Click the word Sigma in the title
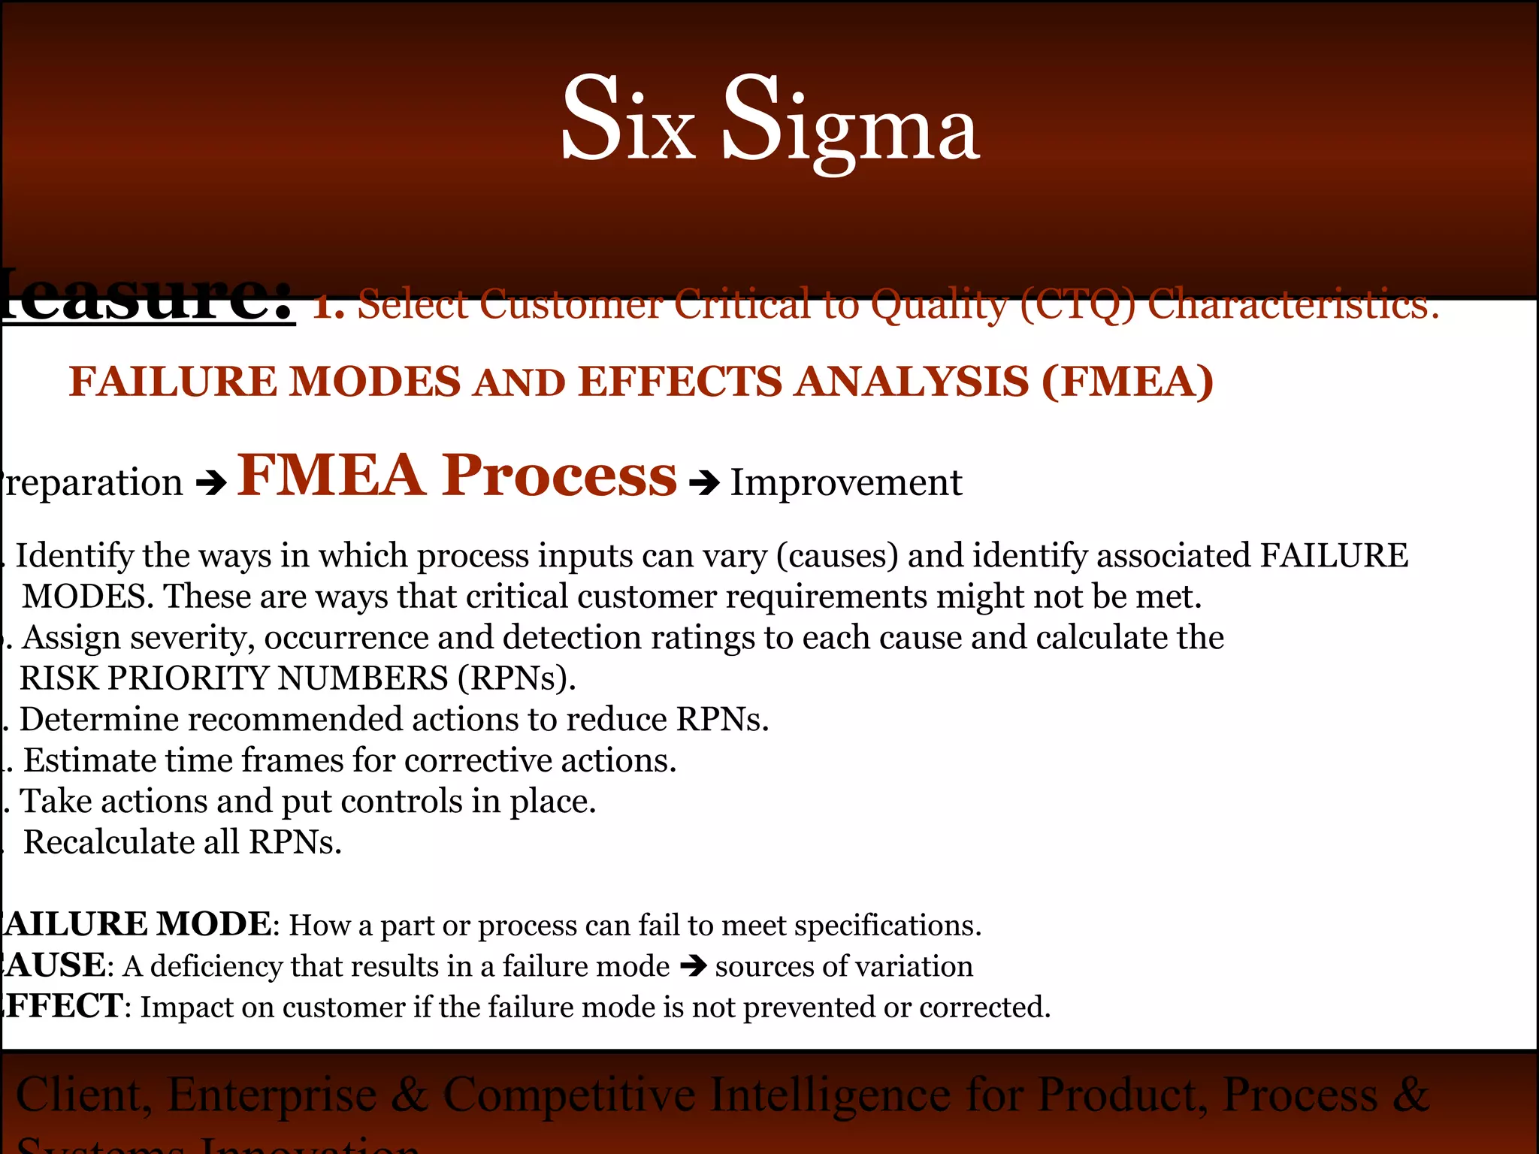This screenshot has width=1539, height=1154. click(x=851, y=120)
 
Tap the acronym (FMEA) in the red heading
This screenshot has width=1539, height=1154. click(x=1127, y=381)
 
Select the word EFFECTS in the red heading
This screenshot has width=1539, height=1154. click(x=679, y=381)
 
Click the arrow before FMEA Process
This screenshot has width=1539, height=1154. click(x=211, y=483)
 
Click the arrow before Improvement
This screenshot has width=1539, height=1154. click(x=704, y=483)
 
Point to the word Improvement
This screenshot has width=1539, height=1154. click(x=845, y=482)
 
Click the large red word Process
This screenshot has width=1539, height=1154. click(x=559, y=476)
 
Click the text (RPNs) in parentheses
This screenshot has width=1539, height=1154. click(x=516, y=678)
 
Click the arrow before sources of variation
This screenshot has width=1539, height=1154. click(x=692, y=965)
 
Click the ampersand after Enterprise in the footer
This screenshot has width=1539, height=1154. click(x=410, y=1095)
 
